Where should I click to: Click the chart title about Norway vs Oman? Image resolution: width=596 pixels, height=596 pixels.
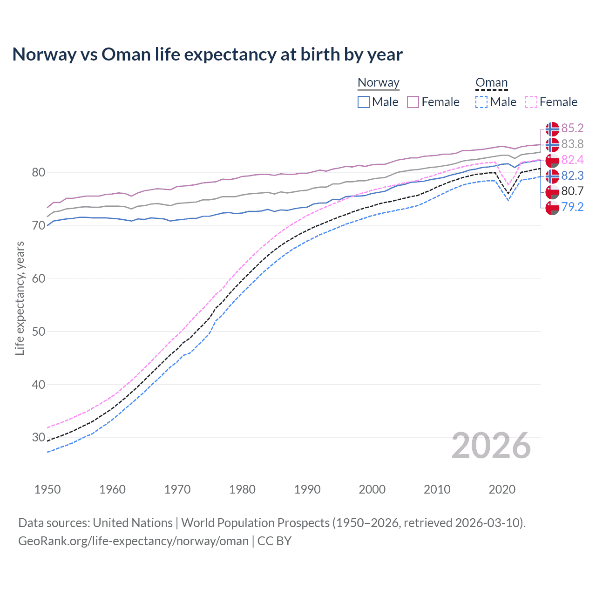pos(207,54)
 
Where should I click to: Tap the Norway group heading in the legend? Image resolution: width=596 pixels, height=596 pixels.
pos(378,82)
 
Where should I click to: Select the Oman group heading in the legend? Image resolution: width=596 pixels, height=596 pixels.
pos(491,82)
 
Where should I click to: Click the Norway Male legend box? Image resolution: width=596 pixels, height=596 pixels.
pos(364,102)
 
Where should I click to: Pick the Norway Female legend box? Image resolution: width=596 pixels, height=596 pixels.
pos(413,102)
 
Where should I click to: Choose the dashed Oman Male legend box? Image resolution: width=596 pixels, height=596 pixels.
pos(481,102)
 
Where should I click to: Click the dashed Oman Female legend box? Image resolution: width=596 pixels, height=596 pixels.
pos(531,102)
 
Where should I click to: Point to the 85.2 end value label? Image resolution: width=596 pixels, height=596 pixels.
pos(572,128)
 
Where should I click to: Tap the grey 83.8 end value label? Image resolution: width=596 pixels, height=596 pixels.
pos(572,144)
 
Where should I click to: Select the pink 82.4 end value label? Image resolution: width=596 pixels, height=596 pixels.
pos(572,160)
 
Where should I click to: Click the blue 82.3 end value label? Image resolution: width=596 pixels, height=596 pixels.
pos(572,176)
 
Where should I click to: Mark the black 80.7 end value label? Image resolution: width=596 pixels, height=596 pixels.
pos(572,191)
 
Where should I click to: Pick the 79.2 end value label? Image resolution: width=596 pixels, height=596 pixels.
pos(572,207)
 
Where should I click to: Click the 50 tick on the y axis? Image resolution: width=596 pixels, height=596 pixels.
pos(38,332)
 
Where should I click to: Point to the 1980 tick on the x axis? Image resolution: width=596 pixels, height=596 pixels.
pos(242,489)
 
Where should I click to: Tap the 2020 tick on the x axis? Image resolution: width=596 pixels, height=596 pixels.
pos(502,489)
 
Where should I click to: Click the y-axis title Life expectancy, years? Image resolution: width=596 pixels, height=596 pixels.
pos(20,298)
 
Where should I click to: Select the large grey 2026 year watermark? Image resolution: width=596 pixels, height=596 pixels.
pos(491,446)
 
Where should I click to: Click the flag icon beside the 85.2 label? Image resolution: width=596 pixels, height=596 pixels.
pos(552,129)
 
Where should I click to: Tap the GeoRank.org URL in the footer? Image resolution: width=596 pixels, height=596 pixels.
pos(133,541)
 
